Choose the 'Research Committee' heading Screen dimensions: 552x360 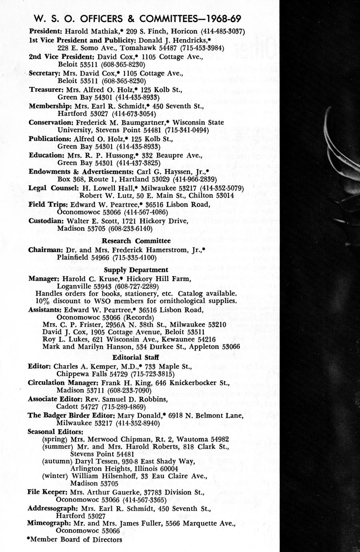coord(136,241)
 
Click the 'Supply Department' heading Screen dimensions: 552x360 coord(136,270)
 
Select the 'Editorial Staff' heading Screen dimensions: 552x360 coord(136,357)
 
